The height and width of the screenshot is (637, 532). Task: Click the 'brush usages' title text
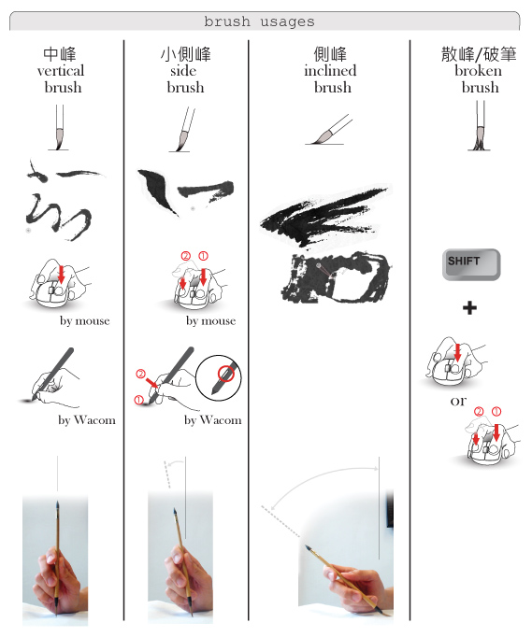point(259,21)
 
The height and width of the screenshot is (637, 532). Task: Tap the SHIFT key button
point(471,264)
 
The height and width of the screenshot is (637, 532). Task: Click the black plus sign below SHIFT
point(469,307)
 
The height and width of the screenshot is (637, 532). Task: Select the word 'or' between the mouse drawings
point(458,402)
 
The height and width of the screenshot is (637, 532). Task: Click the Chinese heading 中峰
point(60,54)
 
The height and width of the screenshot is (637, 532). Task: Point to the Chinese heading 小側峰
point(186,54)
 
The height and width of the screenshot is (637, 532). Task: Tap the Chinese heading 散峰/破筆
point(479,54)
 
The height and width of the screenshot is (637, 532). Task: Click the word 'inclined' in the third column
point(330,71)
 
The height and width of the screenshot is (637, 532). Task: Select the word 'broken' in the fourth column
point(478,71)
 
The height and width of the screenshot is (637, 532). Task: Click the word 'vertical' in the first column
point(61,71)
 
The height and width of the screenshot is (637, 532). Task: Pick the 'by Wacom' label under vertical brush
point(87,420)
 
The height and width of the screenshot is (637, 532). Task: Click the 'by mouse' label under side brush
point(210,321)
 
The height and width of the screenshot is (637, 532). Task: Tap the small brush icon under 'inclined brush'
point(328,130)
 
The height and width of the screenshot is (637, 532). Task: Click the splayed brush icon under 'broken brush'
point(480,126)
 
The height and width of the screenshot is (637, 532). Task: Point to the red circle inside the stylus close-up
point(226,374)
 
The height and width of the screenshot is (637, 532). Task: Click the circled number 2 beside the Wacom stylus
point(140,374)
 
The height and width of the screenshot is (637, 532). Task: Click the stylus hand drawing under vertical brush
point(50,377)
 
